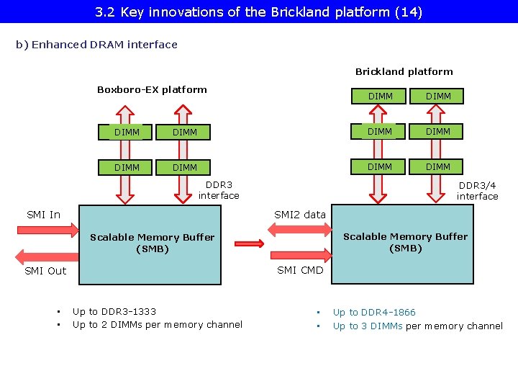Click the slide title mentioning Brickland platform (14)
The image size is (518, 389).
coord(258,12)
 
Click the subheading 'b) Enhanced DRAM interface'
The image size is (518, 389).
coord(96,45)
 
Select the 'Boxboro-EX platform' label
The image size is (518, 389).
coord(152,90)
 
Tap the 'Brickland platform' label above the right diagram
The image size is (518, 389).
coord(404,72)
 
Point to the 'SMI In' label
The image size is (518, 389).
coord(43,215)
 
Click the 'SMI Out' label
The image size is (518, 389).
coord(45,271)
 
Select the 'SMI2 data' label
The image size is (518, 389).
coord(300,215)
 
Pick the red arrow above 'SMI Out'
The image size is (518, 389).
coord(46,256)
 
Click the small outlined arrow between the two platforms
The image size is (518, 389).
coord(250,244)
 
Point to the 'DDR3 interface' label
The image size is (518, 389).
coord(219,190)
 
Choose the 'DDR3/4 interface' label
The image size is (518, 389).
coord(477,191)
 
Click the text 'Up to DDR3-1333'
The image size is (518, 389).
coord(114,312)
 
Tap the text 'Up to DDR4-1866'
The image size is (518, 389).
coord(374,313)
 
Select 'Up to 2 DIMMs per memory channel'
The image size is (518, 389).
coord(158,325)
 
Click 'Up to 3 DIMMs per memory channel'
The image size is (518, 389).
coord(417,326)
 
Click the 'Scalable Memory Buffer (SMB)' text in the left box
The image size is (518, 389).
coord(152,243)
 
